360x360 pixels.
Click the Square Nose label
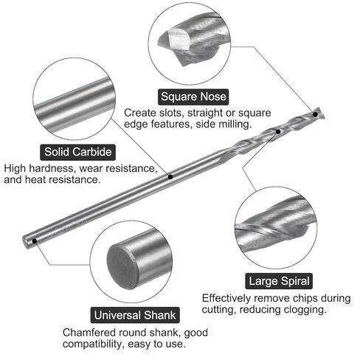pos(193,97)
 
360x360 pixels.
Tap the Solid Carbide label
pos(77,152)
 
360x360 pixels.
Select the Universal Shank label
pos(135,315)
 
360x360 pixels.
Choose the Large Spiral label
pos(279,281)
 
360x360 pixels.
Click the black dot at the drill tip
pos(315,114)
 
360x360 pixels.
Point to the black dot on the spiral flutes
pos(278,131)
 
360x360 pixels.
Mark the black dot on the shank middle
pos(170,176)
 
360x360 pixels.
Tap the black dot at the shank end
pos(35,240)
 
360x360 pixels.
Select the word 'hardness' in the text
pos(52,168)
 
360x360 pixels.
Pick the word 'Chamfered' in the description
pos(89,333)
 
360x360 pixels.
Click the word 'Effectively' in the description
pos(226,298)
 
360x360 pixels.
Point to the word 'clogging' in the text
pos(305,310)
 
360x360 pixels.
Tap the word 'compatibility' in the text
pos(92,344)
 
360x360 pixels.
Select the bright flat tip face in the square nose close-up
pos(179,38)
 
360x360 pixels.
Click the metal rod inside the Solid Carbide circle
pos(75,105)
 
